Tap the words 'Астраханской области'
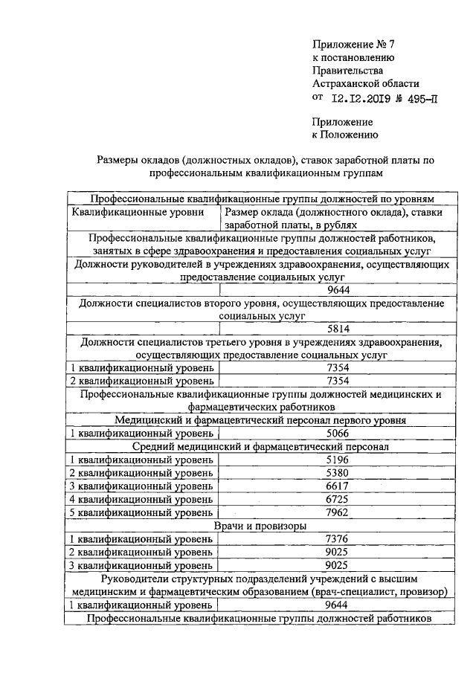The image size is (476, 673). [x=366, y=83]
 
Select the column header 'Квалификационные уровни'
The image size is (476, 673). [x=138, y=213]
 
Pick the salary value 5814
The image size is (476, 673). [x=338, y=329]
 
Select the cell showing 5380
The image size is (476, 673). [x=338, y=473]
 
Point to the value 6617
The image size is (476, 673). [x=338, y=486]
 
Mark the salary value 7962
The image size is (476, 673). [x=338, y=512]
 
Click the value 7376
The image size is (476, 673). [x=338, y=539]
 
